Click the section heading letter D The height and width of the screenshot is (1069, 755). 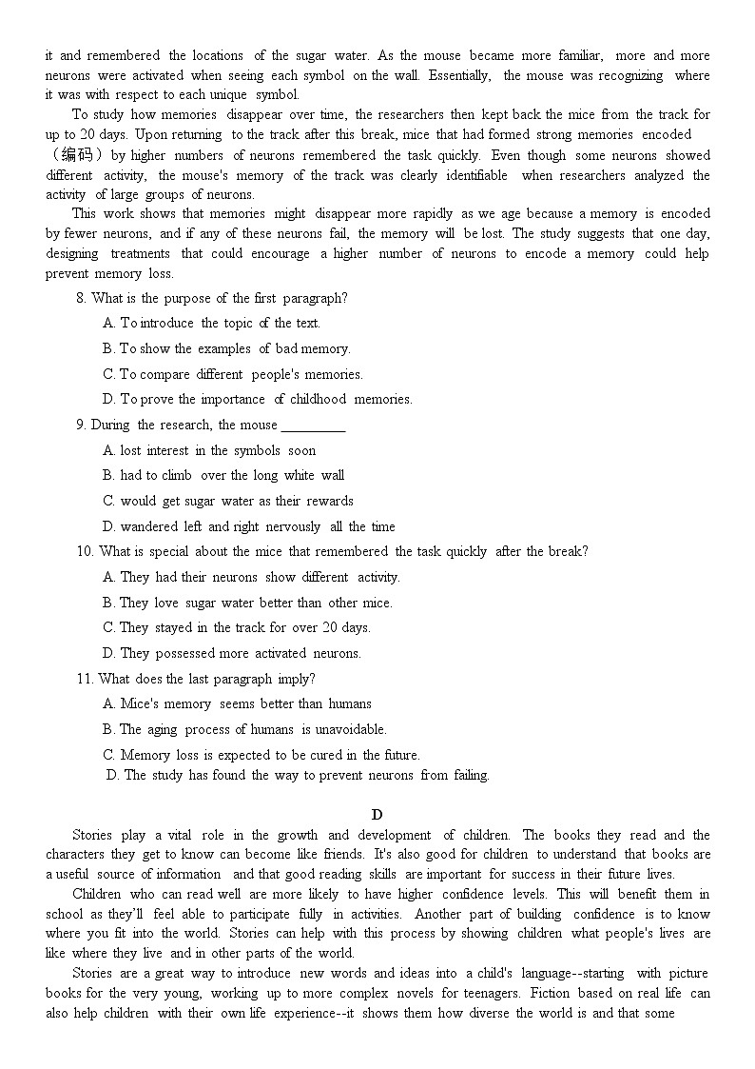point(377,814)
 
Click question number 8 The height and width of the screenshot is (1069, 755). point(81,298)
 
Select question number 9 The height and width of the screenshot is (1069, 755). point(81,425)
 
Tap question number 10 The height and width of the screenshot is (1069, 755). point(85,551)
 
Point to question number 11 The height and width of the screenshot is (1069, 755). point(85,679)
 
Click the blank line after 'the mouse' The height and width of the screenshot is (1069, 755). point(313,426)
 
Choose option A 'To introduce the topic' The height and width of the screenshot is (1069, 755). point(211,324)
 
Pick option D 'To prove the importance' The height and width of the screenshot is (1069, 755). point(257,400)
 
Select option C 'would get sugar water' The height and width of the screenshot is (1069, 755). point(227,501)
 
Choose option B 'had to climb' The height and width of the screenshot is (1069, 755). point(223,476)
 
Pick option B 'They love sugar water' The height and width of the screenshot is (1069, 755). point(246,603)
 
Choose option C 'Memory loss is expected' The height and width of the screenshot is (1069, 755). point(261,755)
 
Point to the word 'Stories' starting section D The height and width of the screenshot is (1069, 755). point(92,835)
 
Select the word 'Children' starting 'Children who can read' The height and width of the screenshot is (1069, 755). point(97,894)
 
